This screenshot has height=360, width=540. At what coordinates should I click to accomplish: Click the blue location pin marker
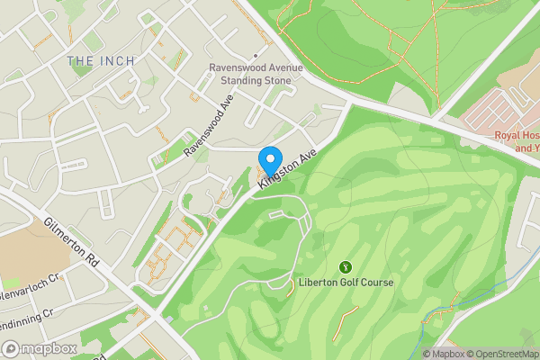point(269,160)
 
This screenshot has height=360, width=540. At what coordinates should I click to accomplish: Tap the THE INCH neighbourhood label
point(101,60)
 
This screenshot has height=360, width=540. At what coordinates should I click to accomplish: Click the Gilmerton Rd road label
point(69,243)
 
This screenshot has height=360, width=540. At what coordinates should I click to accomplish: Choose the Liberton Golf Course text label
point(346,282)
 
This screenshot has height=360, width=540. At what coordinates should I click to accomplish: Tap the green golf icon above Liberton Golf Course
point(346,266)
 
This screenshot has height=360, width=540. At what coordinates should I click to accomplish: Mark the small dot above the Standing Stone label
point(229,55)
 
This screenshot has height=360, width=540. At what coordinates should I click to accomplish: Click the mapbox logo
point(40,348)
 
